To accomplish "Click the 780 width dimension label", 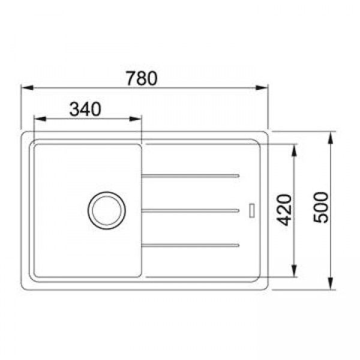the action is click(x=142, y=78).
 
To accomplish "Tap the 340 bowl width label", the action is click(x=85, y=109).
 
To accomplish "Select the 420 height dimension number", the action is click(x=284, y=210).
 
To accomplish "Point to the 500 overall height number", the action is click(x=321, y=208).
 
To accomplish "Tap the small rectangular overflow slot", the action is click(x=252, y=210).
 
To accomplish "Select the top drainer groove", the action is click(x=191, y=176).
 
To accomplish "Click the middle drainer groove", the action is click(x=191, y=211).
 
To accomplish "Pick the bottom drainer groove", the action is click(x=191, y=245).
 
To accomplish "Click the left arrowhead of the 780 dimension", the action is click(x=28, y=88).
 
